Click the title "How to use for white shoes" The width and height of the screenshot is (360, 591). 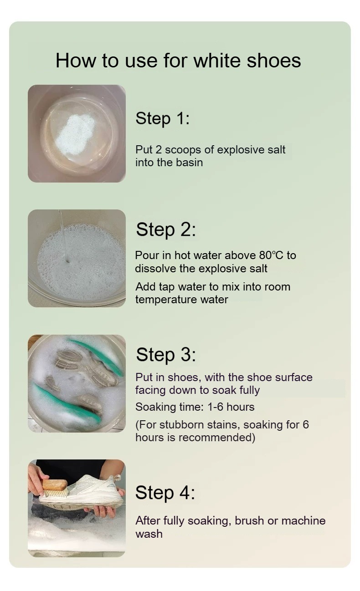click(x=178, y=61)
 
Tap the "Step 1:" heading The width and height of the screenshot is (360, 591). click(x=162, y=118)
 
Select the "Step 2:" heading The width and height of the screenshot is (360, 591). click(x=166, y=229)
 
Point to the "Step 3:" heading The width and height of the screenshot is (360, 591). click(x=166, y=355)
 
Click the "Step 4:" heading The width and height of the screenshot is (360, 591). click(x=165, y=493)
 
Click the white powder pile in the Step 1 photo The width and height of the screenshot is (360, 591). click(x=76, y=135)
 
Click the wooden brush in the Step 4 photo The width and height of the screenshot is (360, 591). click(x=54, y=488)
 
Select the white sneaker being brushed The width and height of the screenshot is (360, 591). click(x=82, y=491)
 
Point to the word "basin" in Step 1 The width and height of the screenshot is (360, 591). click(x=190, y=163)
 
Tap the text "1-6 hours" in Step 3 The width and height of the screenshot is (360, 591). click(x=231, y=407)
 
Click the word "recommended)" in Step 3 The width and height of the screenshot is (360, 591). click(x=217, y=438)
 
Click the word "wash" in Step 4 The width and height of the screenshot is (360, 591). click(x=149, y=534)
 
